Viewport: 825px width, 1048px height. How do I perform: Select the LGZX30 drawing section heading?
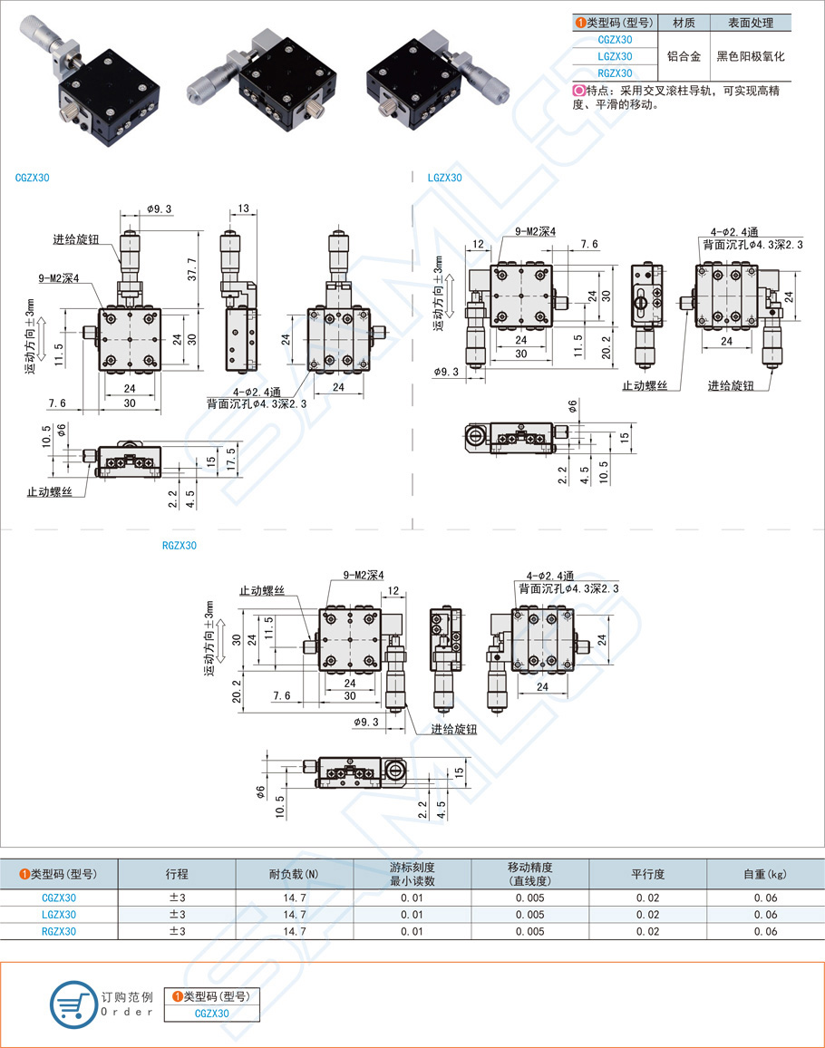pyautogui.click(x=444, y=178)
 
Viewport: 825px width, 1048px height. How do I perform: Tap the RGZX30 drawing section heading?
pyautogui.click(x=179, y=546)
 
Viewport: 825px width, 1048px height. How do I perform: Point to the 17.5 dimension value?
pyautogui.click(x=232, y=457)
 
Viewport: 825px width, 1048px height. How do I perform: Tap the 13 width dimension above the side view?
pyautogui.click(x=244, y=209)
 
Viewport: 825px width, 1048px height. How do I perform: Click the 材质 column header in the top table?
pyautogui.click(x=684, y=23)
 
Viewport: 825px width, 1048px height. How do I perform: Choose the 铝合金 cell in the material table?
pyautogui.click(x=684, y=56)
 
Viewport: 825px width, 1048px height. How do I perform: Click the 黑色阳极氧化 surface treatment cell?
pyautogui.click(x=750, y=56)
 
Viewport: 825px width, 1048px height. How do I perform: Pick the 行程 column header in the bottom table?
pyautogui.click(x=177, y=874)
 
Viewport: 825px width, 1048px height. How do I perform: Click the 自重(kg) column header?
pyautogui.click(x=765, y=874)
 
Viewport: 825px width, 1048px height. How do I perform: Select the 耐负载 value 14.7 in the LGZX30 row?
pyautogui.click(x=295, y=915)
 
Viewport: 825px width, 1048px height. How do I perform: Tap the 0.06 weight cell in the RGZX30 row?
pyautogui.click(x=765, y=931)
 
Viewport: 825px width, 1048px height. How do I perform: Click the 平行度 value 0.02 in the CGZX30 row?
pyautogui.click(x=647, y=898)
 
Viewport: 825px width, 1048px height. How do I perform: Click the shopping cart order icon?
pyautogui.click(x=73, y=1004)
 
